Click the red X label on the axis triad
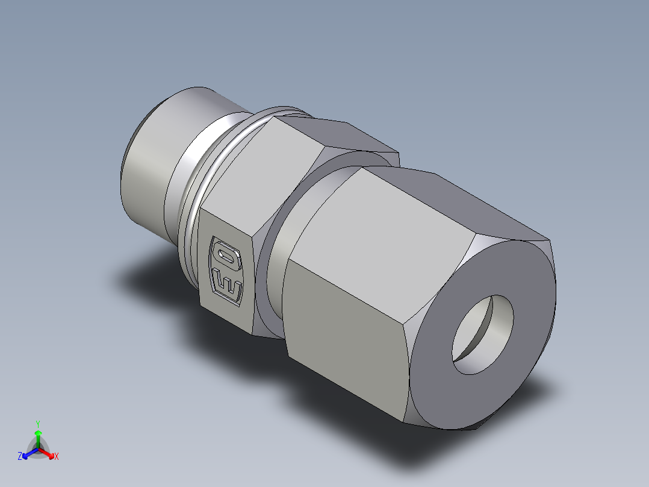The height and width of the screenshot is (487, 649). (x=57, y=457)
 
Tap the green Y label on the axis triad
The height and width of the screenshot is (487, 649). (x=37, y=424)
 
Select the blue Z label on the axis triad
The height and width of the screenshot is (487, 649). (x=20, y=457)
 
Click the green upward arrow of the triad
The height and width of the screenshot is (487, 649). (x=38, y=436)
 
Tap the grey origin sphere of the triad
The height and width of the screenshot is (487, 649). (x=38, y=448)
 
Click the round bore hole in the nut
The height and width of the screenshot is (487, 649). (x=483, y=335)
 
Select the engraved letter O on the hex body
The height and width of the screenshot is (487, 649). (x=228, y=257)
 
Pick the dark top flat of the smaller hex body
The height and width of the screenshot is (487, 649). (x=337, y=136)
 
